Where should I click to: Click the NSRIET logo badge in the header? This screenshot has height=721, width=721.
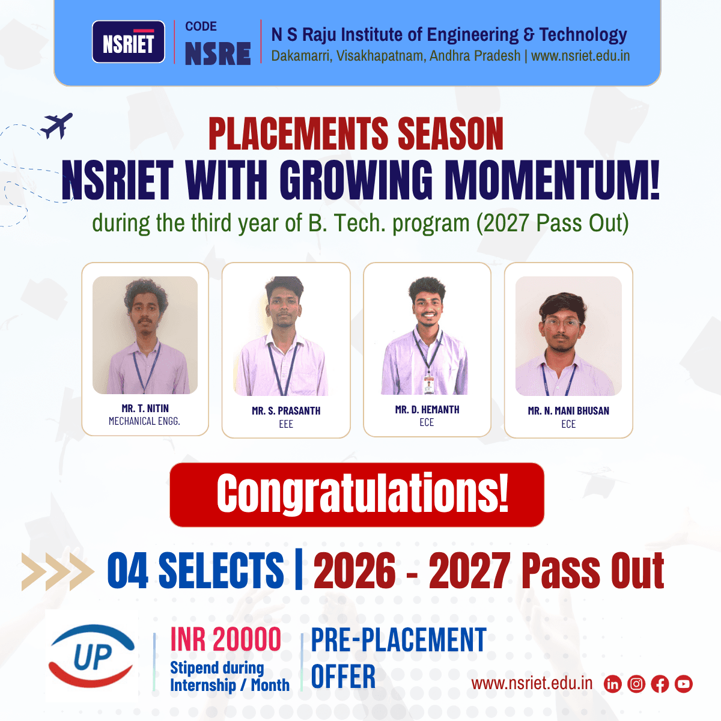point(128,42)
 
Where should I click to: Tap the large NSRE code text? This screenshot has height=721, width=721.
point(218,53)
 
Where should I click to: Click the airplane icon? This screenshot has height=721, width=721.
point(56,126)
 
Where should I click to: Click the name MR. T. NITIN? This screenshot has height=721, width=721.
point(145,409)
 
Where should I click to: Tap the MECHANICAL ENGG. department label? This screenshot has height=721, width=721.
point(144,421)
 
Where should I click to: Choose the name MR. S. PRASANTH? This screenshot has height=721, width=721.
point(286,411)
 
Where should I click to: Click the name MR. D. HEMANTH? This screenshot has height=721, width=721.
point(427,410)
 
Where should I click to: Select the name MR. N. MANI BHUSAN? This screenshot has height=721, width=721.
point(568,411)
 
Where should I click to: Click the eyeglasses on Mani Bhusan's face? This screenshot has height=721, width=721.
point(562,323)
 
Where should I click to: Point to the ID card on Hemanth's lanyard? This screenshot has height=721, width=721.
point(428,385)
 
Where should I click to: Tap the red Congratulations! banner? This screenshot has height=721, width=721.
point(357,494)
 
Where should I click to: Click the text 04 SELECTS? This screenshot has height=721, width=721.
point(195,570)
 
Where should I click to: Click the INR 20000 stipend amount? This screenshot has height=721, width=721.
point(226,639)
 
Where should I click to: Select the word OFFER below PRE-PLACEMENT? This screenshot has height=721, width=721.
point(343,677)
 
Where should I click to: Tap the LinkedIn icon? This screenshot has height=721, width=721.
point(612,684)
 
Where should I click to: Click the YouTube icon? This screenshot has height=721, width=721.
point(683,684)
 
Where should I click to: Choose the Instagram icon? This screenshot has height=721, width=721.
point(636,684)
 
